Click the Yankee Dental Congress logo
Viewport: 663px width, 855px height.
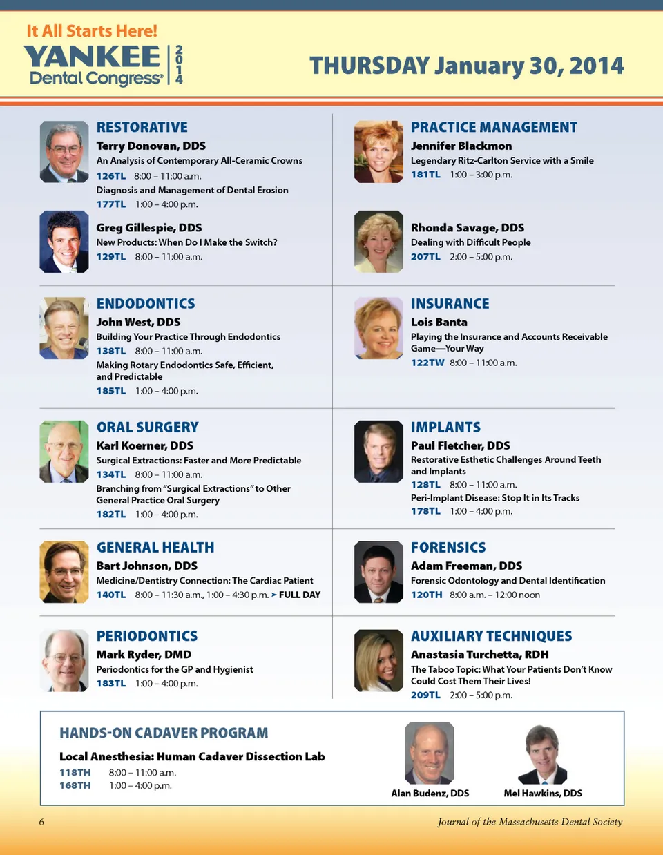click(x=104, y=65)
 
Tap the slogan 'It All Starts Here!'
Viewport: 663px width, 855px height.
click(x=92, y=31)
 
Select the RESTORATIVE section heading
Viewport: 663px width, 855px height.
click(x=142, y=127)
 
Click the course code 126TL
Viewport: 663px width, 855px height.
click(x=110, y=176)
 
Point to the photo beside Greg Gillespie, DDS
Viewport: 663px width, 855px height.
click(x=64, y=242)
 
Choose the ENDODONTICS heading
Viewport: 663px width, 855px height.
click(x=146, y=304)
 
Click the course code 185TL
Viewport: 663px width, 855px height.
click(x=110, y=391)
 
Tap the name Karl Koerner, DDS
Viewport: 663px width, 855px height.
click(x=145, y=445)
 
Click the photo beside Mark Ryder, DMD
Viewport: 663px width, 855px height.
click(x=64, y=660)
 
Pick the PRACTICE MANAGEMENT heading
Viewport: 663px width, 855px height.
click(x=494, y=127)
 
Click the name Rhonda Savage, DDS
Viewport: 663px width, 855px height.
click(x=468, y=228)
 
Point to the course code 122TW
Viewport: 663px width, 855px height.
click(x=427, y=363)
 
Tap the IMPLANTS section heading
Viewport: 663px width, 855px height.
click(x=445, y=427)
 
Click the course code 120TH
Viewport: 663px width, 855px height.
click(x=426, y=595)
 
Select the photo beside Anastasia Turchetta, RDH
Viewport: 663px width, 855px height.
click(x=378, y=660)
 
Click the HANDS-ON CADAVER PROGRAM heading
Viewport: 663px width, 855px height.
click(x=164, y=733)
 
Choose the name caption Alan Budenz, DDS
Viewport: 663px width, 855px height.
click(x=430, y=793)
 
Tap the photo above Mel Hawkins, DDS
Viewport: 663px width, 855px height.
click(x=542, y=753)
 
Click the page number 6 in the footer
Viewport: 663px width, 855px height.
click(x=41, y=822)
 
